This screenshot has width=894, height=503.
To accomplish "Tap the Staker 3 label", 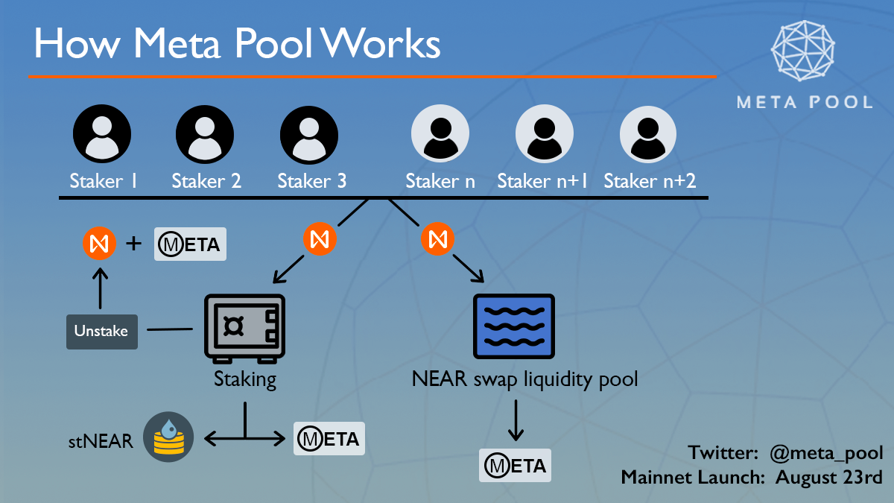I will coord(311,181).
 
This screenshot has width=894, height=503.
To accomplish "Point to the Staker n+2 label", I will coord(650,181).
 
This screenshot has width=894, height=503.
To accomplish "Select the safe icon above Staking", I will coord(245,329).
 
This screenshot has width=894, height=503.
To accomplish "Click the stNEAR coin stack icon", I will coord(168,437).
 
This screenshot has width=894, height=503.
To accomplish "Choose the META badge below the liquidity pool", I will coord(515,466).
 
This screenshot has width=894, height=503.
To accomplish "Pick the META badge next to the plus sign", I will coord(190,244).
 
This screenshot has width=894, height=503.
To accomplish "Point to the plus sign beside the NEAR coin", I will coord(135,243).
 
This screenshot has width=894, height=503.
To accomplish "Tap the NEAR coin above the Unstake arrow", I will coord(100,244).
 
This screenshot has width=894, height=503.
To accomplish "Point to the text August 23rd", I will coord(828,477).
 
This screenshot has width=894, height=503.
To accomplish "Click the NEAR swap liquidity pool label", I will coord(524,379).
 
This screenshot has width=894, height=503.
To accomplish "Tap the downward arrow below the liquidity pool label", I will coord(515,421).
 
